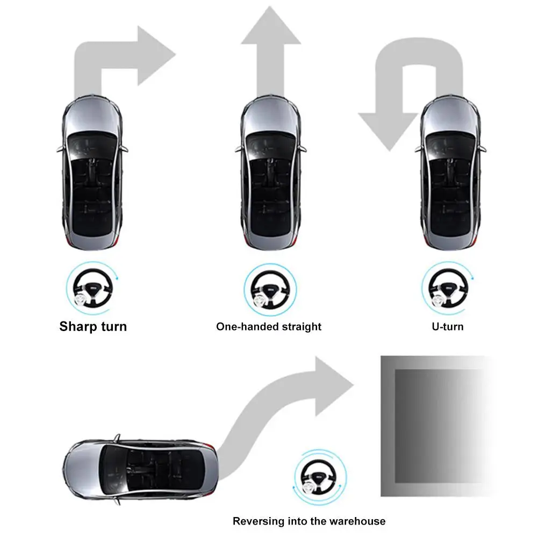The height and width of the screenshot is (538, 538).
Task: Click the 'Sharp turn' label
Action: click(93, 326)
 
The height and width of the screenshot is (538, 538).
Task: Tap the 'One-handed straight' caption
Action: click(269, 326)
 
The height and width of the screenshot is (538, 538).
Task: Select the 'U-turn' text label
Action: click(447, 326)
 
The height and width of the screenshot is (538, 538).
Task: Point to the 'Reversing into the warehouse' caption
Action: click(309, 521)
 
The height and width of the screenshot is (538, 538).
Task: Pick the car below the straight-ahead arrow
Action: click(270, 175)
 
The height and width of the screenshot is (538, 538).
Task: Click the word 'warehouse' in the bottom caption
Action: click(359, 521)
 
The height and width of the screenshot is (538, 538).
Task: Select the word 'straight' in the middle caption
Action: click(303, 326)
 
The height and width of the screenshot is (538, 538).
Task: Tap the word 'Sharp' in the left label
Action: click(77, 326)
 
